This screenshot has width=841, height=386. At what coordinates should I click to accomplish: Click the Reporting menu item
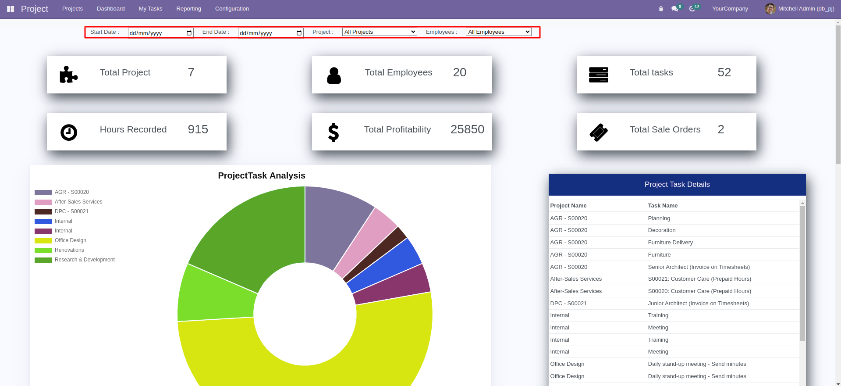(x=188, y=9)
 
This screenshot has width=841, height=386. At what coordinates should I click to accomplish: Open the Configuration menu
(x=232, y=9)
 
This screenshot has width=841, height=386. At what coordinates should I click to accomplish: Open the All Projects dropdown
(x=380, y=32)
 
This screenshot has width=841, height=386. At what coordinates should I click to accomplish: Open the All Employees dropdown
(x=498, y=32)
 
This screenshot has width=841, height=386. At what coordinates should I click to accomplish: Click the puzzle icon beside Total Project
(x=68, y=75)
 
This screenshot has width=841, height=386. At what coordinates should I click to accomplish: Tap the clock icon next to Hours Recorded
(x=69, y=132)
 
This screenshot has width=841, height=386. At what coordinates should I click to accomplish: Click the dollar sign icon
(x=334, y=132)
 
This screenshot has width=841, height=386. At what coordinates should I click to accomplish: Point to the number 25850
(x=467, y=129)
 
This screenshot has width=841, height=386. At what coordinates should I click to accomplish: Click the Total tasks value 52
(x=724, y=72)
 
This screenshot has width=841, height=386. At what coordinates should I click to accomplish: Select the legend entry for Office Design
(x=70, y=240)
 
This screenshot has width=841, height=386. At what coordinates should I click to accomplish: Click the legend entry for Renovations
(x=69, y=250)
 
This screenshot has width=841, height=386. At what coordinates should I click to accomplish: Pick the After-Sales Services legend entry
(x=78, y=202)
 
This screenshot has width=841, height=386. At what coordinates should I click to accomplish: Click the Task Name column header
(x=663, y=206)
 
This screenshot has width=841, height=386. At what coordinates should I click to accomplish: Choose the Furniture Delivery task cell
(x=670, y=243)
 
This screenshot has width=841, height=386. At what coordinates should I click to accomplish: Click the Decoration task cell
(x=661, y=230)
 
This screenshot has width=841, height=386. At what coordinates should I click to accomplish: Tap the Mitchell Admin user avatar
(x=770, y=9)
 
